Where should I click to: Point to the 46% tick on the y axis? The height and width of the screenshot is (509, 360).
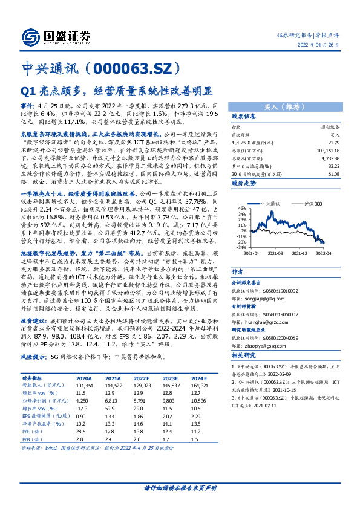(242, 207)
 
